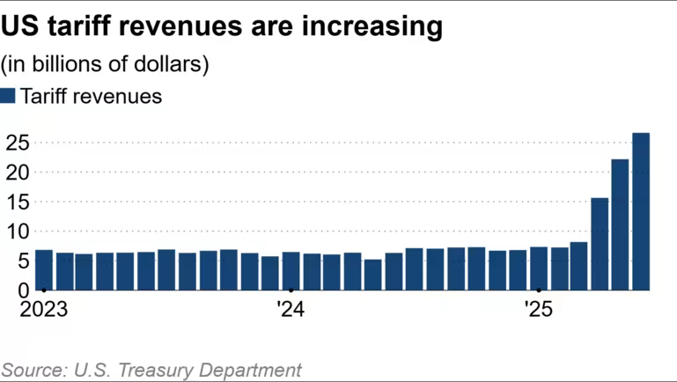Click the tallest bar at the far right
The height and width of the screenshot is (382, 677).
641,211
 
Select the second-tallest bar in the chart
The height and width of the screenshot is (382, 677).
620,224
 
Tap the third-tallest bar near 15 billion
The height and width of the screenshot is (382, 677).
600,244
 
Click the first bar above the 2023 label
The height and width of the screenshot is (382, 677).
43,269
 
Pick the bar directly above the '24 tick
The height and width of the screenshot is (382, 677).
291,270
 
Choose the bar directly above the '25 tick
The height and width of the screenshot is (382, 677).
539,268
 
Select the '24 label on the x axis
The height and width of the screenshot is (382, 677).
291,309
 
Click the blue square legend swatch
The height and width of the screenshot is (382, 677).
9,97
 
